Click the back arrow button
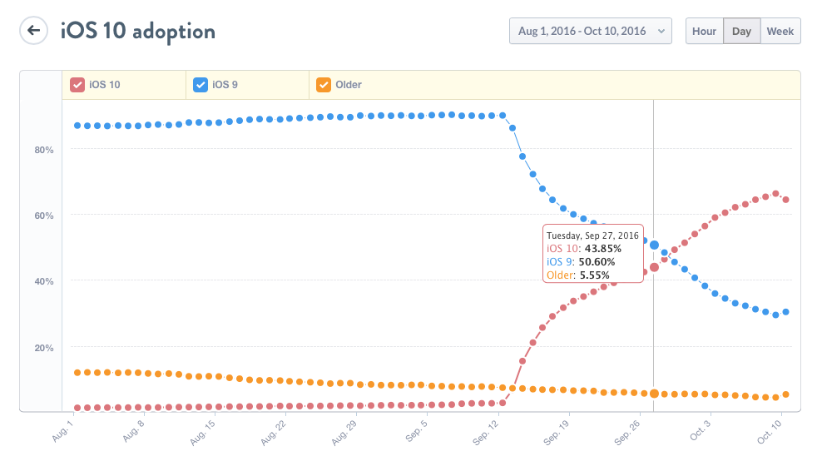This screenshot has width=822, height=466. (x=33, y=32)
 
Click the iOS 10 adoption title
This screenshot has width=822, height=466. (x=138, y=32)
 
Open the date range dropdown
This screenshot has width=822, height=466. (x=590, y=32)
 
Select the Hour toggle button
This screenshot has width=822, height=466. (x=704, y=32)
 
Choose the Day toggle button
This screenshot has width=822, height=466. (x=741, y=32)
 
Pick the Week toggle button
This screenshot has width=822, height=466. (x=780, y=32)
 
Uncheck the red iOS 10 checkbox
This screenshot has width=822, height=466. (x=77, y=85)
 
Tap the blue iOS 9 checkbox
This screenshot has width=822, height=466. (x=201, y=85)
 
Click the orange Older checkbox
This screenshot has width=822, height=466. (x=324, y=85)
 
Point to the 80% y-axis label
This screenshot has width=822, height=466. (x=43, y=150)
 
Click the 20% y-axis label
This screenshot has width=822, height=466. (x=43, y=348)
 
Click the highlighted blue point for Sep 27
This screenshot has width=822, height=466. (x=655, y=245)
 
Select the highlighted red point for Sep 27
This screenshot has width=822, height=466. (x=655, y=267)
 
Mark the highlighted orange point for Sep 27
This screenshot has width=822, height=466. (x=655, y=394)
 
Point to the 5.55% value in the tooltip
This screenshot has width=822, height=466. (x=594, y=275)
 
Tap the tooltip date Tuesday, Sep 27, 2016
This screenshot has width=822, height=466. (x=592, y=235)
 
